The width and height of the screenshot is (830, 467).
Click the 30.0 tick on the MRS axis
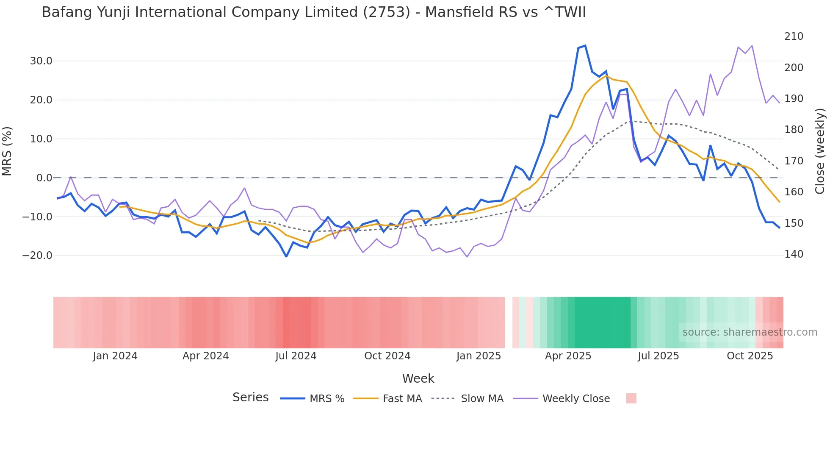(41, 61)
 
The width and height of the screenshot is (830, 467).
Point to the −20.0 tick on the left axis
(37, 256)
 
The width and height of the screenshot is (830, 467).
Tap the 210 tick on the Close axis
(794, 36)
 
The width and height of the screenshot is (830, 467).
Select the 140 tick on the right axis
(794, 254)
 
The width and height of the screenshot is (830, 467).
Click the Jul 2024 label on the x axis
(296, 356)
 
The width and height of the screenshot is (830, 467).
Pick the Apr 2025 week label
(568, 356)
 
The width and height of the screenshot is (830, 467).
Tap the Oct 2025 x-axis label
(750, 356)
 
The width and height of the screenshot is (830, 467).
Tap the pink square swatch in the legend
(631, 398)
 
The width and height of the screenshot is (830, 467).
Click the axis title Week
(418, 378)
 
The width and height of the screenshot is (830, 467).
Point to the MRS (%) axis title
(7, 151)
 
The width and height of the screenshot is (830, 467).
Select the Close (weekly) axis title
(820, 151)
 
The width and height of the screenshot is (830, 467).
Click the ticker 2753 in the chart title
(386, 12)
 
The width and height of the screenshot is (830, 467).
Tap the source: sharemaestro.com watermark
(750, 332)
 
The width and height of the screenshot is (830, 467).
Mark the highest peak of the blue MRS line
(585, 45)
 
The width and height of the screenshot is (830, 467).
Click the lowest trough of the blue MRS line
(286, 256)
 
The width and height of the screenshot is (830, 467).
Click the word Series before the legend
(250, 398)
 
